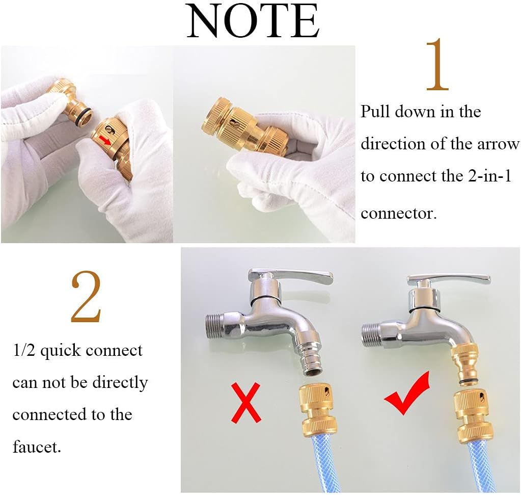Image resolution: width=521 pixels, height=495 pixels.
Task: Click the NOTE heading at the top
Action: pos(253,20)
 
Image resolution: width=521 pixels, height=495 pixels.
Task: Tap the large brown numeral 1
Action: pos(437,65)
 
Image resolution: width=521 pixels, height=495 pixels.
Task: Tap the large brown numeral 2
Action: pos(86,297)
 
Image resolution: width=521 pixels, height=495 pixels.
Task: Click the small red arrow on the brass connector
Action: pos(105,140)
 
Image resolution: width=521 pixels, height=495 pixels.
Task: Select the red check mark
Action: pos(407,394)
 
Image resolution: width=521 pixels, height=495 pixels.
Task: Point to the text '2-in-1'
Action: pos(490,175)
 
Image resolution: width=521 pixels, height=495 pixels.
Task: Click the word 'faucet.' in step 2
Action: pos(37,446)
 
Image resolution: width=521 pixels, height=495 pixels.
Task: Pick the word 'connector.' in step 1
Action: pos(398,214)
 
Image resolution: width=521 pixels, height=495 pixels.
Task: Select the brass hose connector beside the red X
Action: pos(318,409)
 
